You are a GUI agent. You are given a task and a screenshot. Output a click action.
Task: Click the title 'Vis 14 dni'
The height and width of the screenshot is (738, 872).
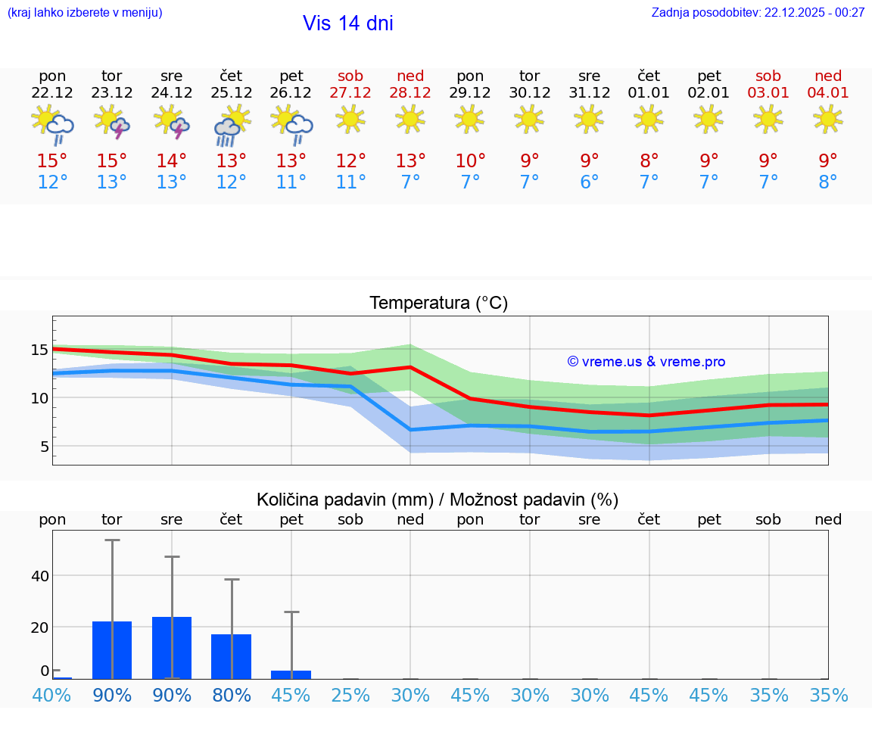(347, 23)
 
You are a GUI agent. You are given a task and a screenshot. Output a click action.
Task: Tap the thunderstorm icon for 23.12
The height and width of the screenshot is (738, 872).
(112, 121)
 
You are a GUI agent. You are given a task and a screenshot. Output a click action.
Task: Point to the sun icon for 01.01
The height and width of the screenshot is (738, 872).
(649, 118)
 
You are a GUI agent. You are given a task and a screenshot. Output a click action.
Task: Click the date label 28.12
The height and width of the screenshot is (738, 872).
(410, 92)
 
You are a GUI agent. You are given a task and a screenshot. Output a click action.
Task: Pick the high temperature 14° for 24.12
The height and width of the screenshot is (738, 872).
(172, 161)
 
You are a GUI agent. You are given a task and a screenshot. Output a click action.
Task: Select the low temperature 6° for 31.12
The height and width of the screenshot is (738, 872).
(589, 182)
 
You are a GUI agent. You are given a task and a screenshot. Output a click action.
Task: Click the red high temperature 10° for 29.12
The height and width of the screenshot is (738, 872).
(470, 161)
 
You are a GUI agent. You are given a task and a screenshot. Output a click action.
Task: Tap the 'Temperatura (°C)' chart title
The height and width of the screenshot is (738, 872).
(438, 304)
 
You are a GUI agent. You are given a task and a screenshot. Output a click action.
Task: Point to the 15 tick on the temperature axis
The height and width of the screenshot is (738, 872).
(39, 350)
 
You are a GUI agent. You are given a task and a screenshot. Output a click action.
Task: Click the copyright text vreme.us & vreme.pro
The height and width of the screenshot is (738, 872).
(646, 362)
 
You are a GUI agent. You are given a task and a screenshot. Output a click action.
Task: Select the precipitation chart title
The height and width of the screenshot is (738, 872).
(438, 500)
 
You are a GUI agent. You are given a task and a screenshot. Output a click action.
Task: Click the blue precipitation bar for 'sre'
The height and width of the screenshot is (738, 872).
(172, 648)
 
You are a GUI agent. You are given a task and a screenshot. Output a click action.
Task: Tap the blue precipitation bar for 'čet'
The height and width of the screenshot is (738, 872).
(231, 656)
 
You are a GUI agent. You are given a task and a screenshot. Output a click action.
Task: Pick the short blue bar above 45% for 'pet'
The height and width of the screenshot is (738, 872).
(291, 674)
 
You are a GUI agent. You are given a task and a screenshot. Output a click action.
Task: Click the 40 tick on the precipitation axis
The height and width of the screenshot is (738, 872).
(39, 576)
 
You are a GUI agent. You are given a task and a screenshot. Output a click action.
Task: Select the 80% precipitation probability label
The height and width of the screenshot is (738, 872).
(231, 696)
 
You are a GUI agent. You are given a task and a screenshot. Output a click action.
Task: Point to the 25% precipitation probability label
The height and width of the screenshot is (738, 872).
(350, 696)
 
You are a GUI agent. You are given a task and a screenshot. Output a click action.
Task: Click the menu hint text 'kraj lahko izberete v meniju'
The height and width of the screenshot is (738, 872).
(85, 12)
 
